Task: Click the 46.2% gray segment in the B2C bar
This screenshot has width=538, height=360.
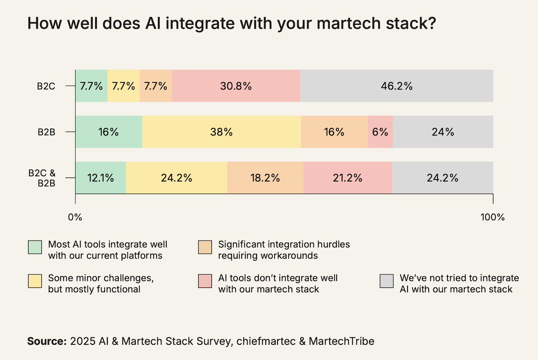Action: coord(396,86)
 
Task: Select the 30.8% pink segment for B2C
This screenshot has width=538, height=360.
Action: coord(236,86)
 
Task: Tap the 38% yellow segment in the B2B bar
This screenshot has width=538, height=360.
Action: coord(221,132)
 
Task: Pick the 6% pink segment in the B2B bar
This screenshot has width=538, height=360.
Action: coord(380,132)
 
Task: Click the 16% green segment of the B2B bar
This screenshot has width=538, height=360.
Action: coord(108,132)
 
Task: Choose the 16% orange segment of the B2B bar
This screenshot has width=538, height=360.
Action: coord(334,132)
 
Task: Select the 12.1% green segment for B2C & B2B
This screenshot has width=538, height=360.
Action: coord(100,178)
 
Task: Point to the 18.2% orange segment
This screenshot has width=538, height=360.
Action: coord(265,178)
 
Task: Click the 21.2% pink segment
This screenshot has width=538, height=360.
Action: coord(347,178)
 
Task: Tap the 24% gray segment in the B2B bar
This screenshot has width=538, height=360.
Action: coord(443,132)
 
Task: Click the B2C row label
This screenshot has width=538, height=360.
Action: coord(46,87)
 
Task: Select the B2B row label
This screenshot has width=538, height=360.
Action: coord(46,132)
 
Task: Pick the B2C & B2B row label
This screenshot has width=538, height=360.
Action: coord(42,178)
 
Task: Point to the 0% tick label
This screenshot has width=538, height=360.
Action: coord(75,217)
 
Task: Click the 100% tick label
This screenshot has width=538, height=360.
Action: coord(493,217)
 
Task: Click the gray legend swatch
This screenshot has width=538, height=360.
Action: coord(386,281)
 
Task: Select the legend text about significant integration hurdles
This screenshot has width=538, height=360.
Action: coord(284,250)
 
